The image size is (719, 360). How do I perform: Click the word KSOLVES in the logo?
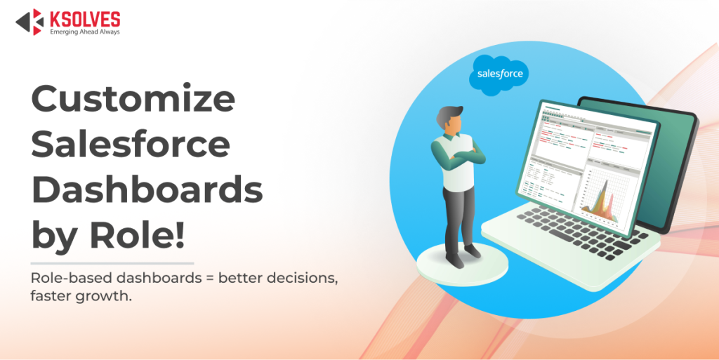[84, 19]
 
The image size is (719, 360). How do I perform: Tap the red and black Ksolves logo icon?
[30, 22]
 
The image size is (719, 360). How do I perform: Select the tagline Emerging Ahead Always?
[84, 32]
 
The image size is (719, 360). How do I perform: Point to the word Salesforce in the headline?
[131, 145]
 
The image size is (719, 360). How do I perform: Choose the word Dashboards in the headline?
[147, 189]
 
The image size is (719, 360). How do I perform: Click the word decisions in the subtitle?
[303, 279]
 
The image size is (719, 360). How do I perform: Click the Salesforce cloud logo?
[499, 73]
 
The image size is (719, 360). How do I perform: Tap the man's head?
[449, 121]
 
